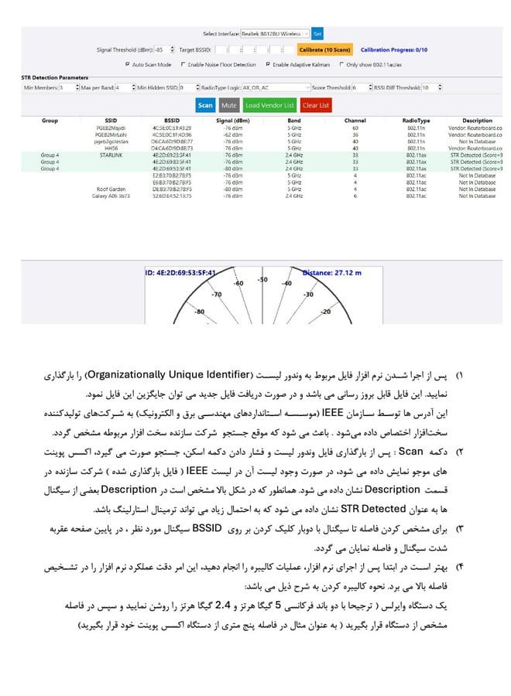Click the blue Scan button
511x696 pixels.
tap(205, 105)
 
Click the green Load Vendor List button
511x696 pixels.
tap(269, 105)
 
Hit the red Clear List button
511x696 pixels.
tap(316, 105)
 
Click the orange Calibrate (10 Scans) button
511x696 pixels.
tap(325, 49)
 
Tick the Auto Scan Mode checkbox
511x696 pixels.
tap(128, 64)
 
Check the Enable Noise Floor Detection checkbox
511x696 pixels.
tap(183, 64)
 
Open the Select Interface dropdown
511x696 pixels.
tap(275, 34)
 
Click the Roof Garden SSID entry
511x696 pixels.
tap(111, 189)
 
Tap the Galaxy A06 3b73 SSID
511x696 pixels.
tap(111, 196)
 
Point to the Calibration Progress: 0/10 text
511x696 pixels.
tap(394, 50)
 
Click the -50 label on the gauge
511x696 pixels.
tap(262, 280)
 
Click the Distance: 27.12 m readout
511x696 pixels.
tap(331, 272)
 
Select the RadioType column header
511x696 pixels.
tap(417, 121)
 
